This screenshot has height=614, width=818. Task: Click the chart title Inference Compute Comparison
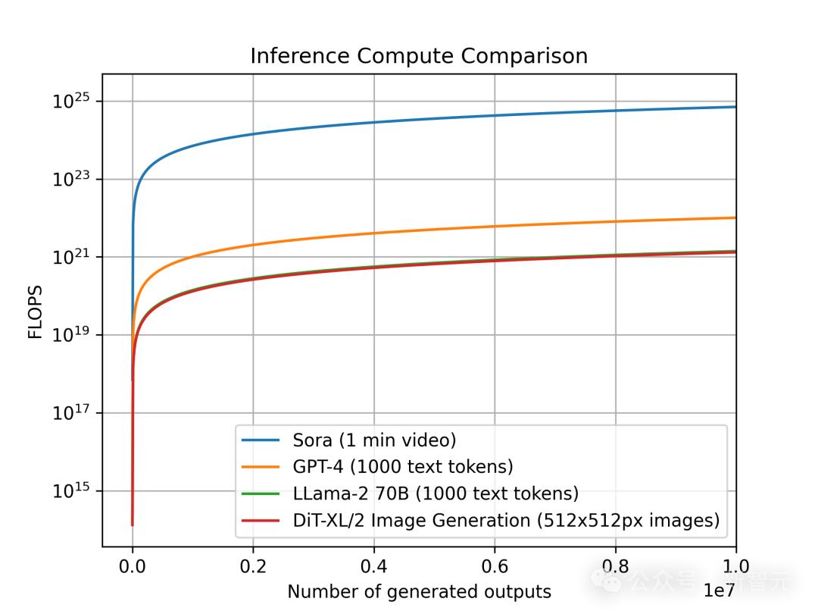(x=419, y=56)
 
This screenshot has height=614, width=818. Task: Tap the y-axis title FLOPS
(x=36, y=312)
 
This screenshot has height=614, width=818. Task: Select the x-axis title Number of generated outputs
(x=419, y=592)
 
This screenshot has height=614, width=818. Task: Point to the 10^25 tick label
(x=72, y=101)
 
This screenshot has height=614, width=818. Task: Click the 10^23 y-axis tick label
(x=72, y=179)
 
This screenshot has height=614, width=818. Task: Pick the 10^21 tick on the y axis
(x=72, y=257)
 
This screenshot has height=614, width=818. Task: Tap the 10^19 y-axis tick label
(x=72, y=335)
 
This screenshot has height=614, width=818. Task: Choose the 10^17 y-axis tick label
(x=72, y=413)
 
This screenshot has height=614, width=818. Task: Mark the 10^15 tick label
(x=72, y=491)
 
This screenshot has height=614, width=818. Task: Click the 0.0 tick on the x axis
(x=133, y=567)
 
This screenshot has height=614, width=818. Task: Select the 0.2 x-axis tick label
(x=253, y=567)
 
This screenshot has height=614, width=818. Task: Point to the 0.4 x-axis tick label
(x=374, y=567)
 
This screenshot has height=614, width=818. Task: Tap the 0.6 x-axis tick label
(x=495, y=567)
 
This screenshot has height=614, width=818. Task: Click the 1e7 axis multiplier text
(x=719, y=591)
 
